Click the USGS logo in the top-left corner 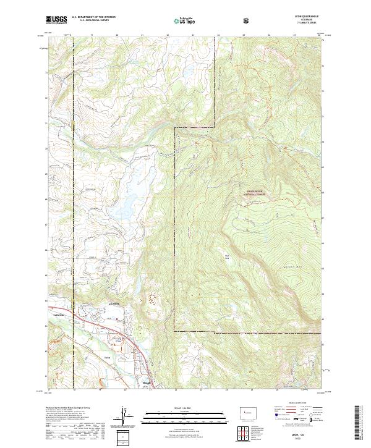pos(57,20)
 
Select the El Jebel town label pos(113,304)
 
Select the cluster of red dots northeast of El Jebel pos(151,301)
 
